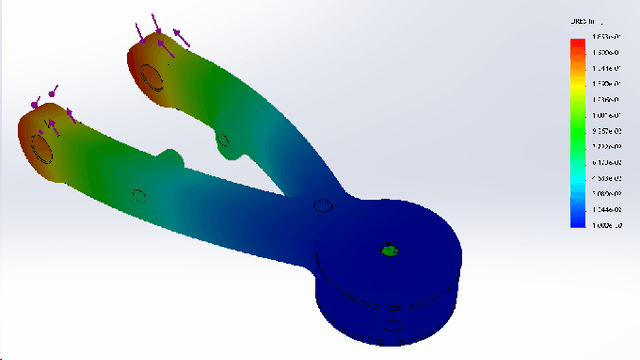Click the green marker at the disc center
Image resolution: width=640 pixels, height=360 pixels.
387,250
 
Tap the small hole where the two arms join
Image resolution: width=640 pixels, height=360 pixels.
321,207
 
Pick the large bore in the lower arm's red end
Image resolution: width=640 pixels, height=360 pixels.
43,147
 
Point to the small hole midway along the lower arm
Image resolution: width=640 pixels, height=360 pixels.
140,195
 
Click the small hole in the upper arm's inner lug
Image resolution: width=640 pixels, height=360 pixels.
223,141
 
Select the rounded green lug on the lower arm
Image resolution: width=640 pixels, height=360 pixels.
171,157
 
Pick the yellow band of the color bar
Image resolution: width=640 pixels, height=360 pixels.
577,88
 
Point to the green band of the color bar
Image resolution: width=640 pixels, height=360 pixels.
577,125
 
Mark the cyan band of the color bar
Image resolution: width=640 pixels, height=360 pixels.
577,170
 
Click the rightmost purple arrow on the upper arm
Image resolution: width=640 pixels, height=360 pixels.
182,38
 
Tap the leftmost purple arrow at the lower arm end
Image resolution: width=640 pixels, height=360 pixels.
35,102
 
